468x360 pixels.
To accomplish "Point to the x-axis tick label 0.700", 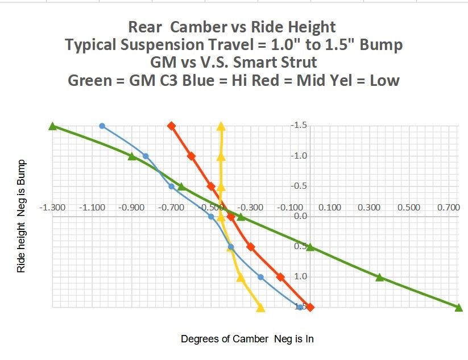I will tap(449, 208).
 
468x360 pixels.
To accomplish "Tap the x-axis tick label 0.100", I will tap(330, 208).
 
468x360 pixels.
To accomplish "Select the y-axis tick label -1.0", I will tap(300, 156).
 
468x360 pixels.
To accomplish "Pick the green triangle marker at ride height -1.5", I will tap(52, 126).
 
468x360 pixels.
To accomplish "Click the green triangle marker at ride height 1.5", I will tap(459, 307).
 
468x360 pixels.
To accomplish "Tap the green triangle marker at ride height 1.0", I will tap(380, 277).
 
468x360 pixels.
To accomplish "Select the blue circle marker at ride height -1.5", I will tap(102, 126).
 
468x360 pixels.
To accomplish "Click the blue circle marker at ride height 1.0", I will tap(261, 277).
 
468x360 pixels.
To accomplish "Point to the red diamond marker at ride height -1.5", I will tap(171, 126).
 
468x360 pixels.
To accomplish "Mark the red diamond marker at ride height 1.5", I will tap(310, 307).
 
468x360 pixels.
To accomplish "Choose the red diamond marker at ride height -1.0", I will tap(191, 156).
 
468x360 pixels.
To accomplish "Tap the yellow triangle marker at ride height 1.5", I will tap(260, 308).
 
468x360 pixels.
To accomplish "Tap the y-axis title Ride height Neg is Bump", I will tap(21, 216).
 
